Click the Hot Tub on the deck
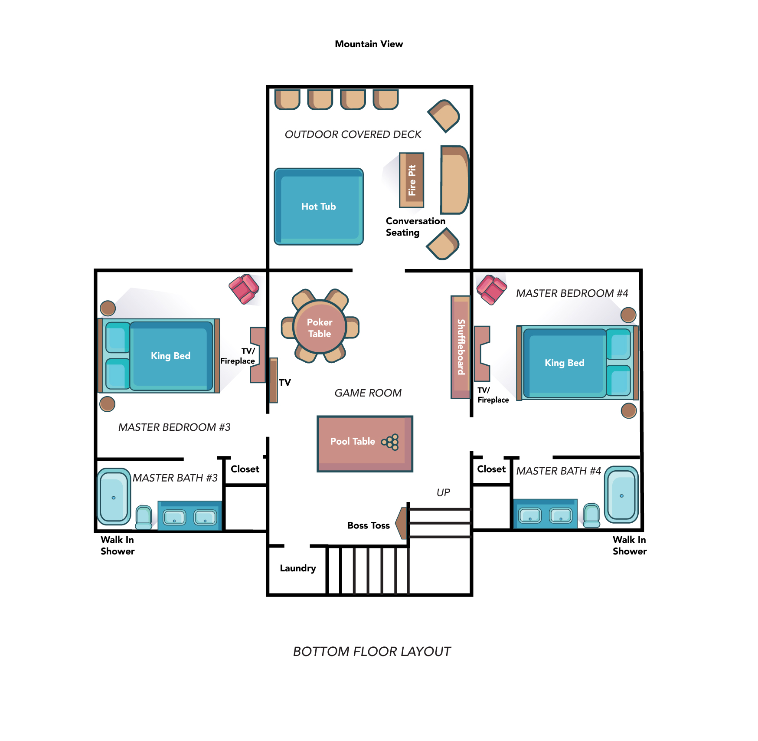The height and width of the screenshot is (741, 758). pos(319,207)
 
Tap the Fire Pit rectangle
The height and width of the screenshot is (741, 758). pos(412,180)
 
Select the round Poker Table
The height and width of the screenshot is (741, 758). pos(320,327)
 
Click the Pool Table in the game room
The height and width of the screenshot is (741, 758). pos(365,443)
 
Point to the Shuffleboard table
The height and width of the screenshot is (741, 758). pos(461,347)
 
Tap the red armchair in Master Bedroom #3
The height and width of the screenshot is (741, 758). pos(244,289)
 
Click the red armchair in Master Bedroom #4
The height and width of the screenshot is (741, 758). pos(491,289)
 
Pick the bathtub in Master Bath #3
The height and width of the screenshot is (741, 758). pos(114,496)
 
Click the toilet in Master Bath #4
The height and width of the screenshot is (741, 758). pos(591,515)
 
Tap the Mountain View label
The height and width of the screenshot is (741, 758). pos(369,44)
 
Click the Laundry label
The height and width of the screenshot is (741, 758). pos(298,568)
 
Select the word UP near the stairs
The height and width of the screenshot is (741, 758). pos(443,492)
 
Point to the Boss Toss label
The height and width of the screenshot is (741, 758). pos(369,525)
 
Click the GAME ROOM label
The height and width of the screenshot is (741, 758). pos(368,393)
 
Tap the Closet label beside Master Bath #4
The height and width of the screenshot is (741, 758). pos(491,469)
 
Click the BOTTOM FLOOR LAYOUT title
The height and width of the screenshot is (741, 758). pos(372,652)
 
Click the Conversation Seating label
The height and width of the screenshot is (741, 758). pos(415,227)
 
